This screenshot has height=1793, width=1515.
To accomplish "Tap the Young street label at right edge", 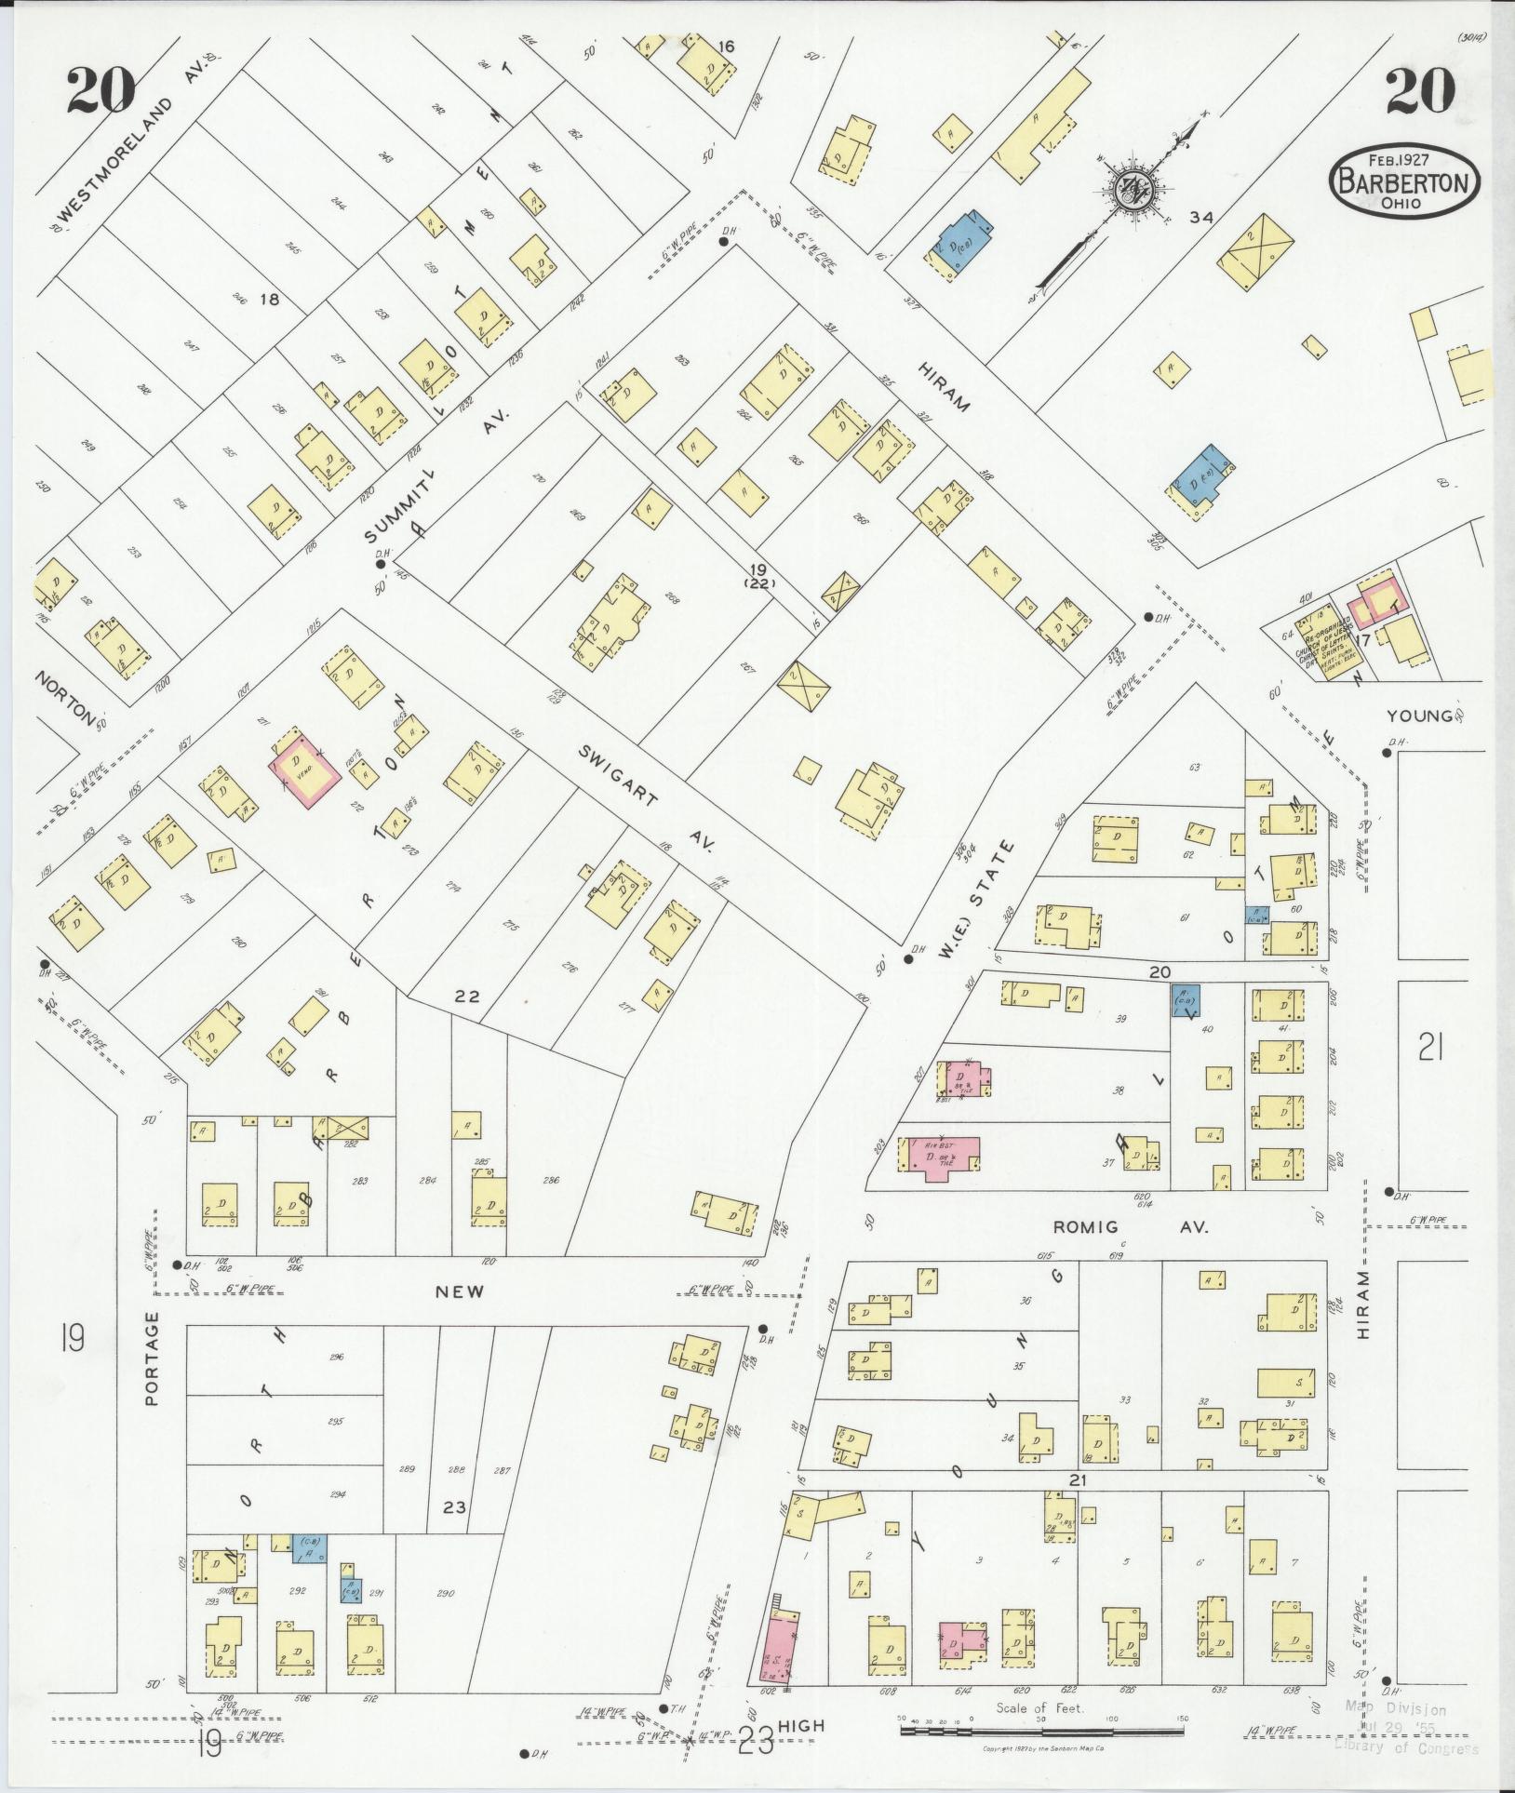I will point(1418,716).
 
